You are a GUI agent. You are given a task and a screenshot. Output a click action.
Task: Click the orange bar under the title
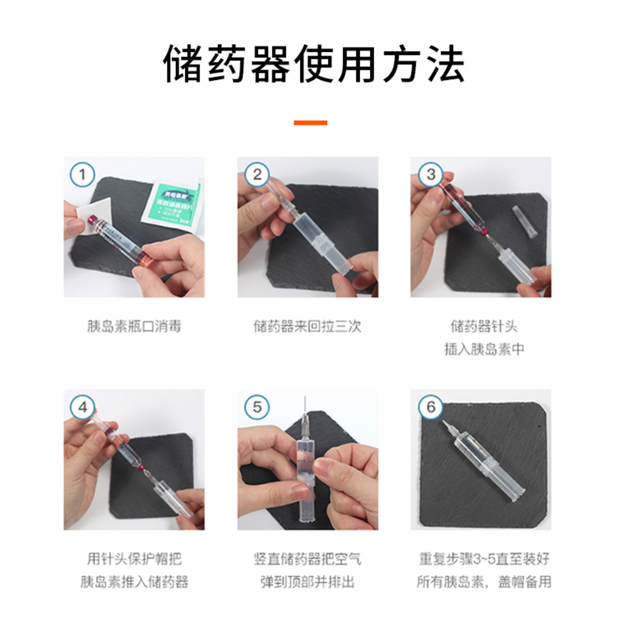tap(310, 123)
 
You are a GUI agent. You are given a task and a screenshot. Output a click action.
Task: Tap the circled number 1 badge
tap(82, 175)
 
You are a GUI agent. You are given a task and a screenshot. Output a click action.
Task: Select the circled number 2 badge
tap(257, 175)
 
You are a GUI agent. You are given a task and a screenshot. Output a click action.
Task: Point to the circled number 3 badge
tap(431, 175)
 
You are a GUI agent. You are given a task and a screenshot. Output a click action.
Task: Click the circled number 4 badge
tap(82, 407)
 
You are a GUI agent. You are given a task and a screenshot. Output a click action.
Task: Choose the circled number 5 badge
tap(257, 407)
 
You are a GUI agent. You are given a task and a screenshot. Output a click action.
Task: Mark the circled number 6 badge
tap(431, 407)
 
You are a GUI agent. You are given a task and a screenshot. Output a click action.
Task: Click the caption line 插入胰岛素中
tap(484, 350)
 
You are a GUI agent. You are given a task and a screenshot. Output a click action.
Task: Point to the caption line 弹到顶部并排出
tap(308, 582)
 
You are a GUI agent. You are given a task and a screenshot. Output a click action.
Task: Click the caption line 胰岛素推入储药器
tap(134, 582)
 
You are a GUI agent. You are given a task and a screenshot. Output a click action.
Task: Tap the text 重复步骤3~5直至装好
tap(484, 559)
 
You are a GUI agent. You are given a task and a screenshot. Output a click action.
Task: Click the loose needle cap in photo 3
tap(525, 222)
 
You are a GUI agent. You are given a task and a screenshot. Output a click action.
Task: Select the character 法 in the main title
tap(446, 64)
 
